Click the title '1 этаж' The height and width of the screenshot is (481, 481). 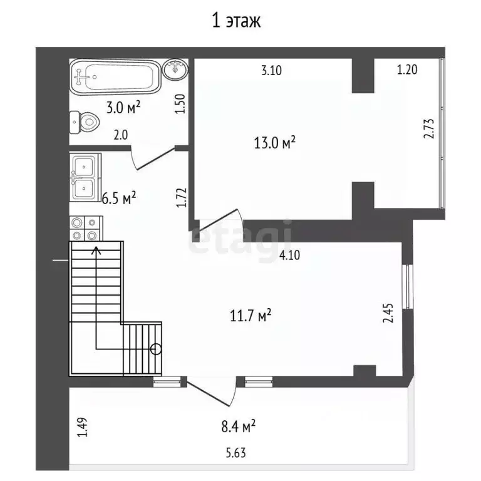(x=236, y=21)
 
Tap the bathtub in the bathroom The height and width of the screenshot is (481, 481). (x=115, y=76)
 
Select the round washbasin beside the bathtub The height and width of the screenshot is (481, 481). (x=175, y=70)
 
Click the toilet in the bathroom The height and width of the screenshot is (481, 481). (x=85, y=122)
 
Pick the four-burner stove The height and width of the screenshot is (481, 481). (x=86, y=228)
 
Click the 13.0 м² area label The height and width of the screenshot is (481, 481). (x=274, y=143)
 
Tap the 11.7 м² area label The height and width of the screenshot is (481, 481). (x=251, y=316)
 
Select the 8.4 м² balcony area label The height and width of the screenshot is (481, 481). (x=239, y=426)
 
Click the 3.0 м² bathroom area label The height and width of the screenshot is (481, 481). (x=123, y=108)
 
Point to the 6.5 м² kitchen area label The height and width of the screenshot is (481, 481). (x=119, y=199)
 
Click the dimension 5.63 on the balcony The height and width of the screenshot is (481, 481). (x=236, y=453)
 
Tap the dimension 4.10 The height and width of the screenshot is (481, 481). (x=289, y=255)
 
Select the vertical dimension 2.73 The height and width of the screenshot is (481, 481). (x=429, y=128)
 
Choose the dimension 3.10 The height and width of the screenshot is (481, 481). (x=271, y=71)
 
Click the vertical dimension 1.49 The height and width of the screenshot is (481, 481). (x=82, y=427)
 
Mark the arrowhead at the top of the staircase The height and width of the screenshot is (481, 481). (x=96, y=251)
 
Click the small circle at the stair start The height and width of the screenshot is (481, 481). (x=156, y=349)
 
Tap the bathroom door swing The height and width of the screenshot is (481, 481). (x=153, y=158)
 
